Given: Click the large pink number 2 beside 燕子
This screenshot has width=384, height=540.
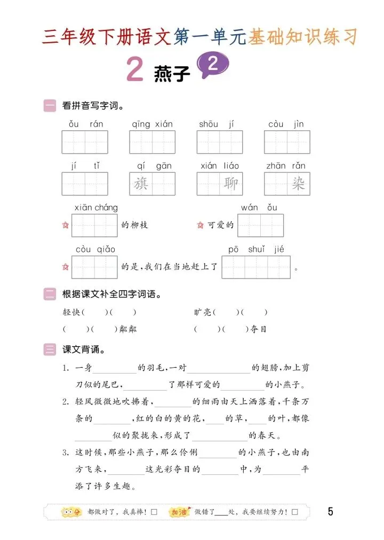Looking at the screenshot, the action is tap(135, 70).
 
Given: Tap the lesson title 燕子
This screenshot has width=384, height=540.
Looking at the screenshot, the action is tap(171, 73).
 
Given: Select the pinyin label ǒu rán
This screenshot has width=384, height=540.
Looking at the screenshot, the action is tap(85, 124).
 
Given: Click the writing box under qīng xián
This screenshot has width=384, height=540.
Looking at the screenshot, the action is tap(152, 142).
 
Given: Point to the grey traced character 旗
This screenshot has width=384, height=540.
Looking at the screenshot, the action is tap(141, 184).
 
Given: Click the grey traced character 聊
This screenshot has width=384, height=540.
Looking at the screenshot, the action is tap(231, 184).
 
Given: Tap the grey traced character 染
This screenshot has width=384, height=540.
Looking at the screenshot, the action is tap(298, 184).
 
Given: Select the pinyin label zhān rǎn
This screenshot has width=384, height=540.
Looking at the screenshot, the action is tap(286, 166).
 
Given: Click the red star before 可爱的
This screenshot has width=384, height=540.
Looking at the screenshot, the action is tap(201, 225).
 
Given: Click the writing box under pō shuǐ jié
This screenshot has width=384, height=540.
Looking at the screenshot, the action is tap(256, 267).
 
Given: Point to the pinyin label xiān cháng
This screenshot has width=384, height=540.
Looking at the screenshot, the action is tap(96, 208).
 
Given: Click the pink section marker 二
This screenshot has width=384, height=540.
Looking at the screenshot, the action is tap(50, 294).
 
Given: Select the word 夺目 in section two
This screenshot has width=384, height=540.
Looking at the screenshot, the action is tap(259, 329).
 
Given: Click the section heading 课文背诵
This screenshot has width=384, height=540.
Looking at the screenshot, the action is tap(83, 350).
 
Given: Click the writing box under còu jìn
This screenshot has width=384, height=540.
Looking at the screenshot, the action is tap(287, 142).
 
